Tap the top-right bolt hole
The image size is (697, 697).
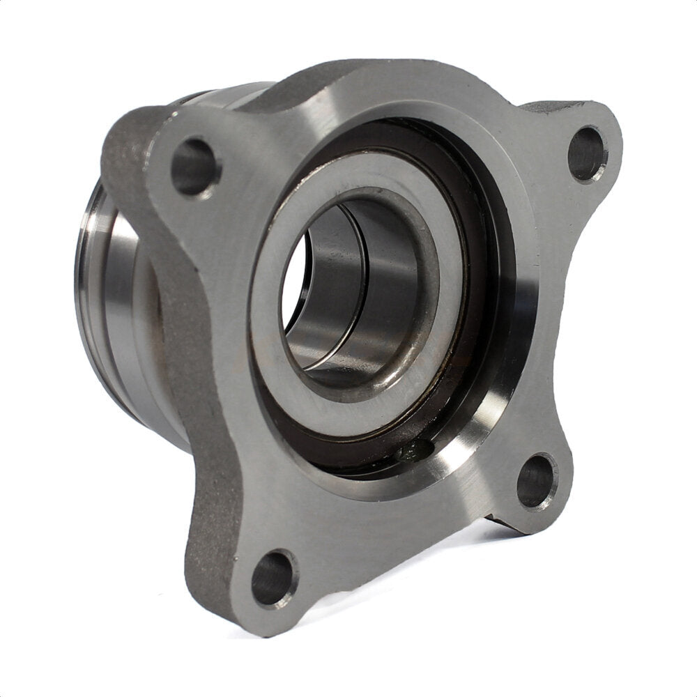click(x=587, y=153)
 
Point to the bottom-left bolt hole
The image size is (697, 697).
click(x=273, y=578)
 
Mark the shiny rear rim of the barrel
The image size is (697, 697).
click(x=87, y=279)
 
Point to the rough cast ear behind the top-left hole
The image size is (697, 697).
click(x=129, y=139)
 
